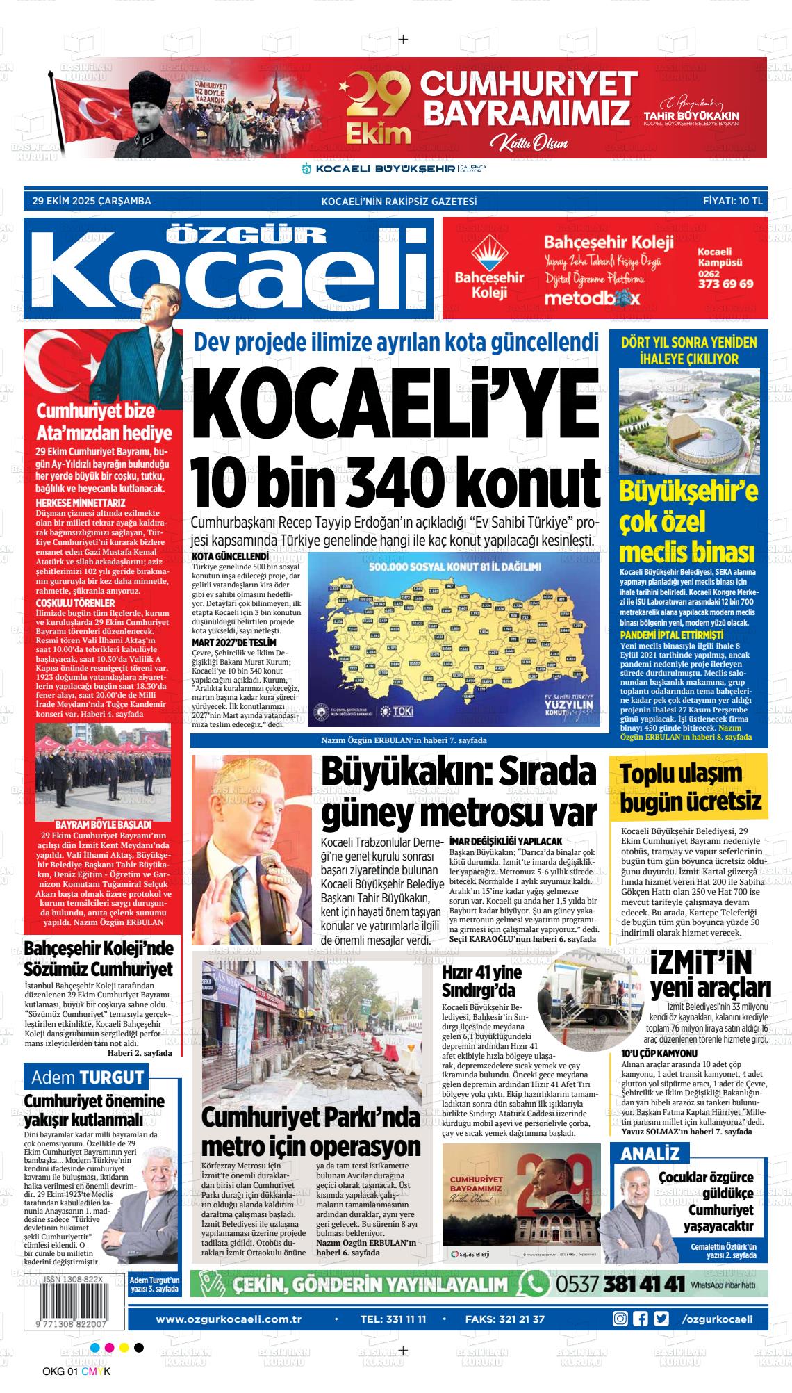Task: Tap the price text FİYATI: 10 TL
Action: click(x=733, y=202)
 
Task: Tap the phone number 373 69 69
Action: click(x=725, y=284)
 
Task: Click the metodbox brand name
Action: click(x=591, y=297)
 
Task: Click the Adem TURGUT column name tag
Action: click(x=87, y=1078)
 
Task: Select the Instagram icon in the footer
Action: click(x=620, y=1319)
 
